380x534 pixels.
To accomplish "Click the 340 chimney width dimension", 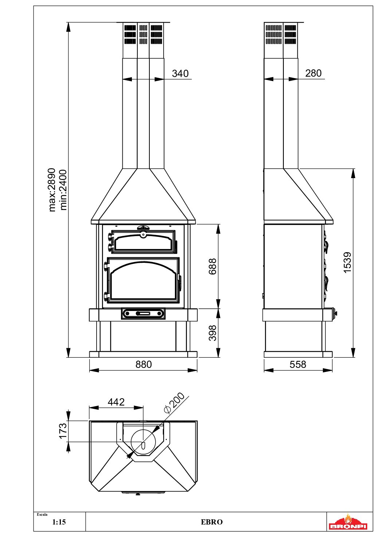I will click(x=180, y=73).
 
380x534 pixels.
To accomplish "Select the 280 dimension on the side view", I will click(x=313, y=73).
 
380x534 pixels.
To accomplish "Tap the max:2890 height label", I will click(x=52, y=190).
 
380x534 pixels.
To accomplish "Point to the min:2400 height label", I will click(x=63, y=190).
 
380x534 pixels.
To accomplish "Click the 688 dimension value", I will click(x=213, y=266).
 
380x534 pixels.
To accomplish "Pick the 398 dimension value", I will click(x=213, y=333).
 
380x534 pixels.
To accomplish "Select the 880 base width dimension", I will click(x=144, y=364).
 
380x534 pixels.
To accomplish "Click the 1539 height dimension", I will click(x=348, y=262).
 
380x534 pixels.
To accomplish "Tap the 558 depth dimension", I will click(x=298, y=364).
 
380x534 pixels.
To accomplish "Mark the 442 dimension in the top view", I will click(x=116, y=402).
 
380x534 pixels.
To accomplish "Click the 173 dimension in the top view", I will click(x=63, y=431).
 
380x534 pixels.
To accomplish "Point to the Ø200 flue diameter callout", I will click(x=175, y=403).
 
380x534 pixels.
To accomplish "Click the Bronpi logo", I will click(x=348, y=522).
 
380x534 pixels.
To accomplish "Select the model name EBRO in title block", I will click(x=212, y=522).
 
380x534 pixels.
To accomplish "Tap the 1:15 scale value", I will click(x=59, y=522).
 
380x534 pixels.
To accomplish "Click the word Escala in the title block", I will click(x=42, y=514).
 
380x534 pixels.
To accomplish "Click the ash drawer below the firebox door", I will click(x=143, y=314).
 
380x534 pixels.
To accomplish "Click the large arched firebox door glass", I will click(x=143, y=283).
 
